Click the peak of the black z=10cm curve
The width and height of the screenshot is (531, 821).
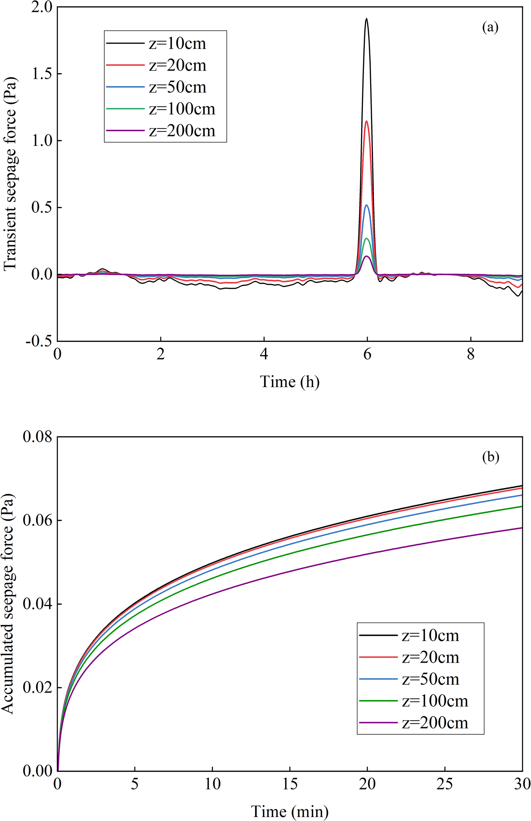(366, 19)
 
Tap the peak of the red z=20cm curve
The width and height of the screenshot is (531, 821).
(367, 121)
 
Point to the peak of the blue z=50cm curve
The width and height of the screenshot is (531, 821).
(367, 205)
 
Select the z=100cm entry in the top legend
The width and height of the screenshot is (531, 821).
(182, 109)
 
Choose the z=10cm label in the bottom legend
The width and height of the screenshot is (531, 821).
(430, 635)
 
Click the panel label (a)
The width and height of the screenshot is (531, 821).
(490, 27)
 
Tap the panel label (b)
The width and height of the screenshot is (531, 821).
(491, 457)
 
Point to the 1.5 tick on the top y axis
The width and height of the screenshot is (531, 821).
(43, 74)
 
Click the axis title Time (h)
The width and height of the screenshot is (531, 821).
(290, 382)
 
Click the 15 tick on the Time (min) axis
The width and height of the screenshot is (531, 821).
(290, 785)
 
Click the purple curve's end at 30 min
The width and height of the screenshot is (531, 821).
(522, 528)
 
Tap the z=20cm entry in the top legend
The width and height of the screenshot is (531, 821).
(177, 66)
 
